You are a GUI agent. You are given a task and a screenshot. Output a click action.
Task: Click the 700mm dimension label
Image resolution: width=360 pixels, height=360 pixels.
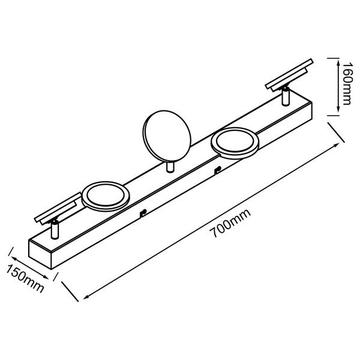coord(230,223)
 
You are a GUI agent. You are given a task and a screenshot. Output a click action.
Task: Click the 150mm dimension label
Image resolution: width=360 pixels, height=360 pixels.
coord(25,278)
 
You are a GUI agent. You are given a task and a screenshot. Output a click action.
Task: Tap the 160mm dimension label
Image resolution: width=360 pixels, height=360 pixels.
coord(347,83)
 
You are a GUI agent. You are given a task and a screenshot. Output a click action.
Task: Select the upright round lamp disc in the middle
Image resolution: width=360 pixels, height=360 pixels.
coord(167,136)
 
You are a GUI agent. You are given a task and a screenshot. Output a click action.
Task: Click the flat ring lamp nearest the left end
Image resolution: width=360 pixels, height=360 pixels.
coord(106,196)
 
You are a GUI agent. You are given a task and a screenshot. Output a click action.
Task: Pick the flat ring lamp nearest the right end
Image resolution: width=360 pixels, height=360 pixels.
coord(235,143)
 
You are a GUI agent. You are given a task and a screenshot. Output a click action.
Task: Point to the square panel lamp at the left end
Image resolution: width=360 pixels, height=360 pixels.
coord(58,209)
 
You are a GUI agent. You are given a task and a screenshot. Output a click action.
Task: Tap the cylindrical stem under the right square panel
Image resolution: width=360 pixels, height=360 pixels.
coord(286,96)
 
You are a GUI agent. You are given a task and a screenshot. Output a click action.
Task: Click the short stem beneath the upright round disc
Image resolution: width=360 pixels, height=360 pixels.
coord(170,167)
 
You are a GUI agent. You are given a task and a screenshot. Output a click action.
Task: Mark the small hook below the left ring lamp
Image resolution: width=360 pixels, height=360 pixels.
coord(143,213)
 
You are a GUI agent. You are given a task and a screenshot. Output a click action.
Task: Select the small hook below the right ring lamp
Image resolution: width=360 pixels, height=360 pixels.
coord(217,170)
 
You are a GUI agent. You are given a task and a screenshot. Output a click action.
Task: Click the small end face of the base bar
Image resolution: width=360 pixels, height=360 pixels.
coord(40,254)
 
